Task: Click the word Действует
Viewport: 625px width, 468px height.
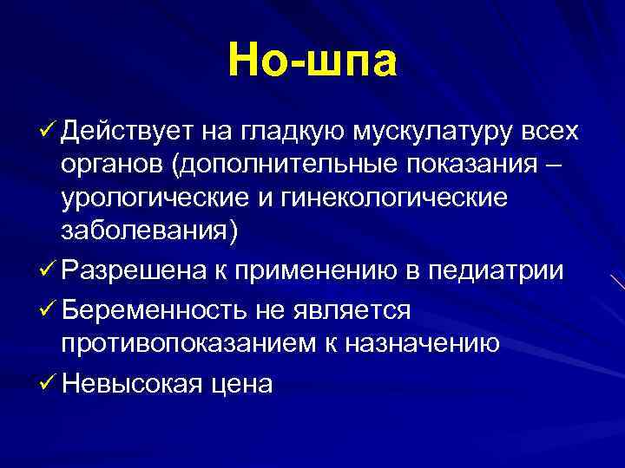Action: [126, 131]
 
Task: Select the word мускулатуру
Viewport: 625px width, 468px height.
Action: [436, 132]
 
